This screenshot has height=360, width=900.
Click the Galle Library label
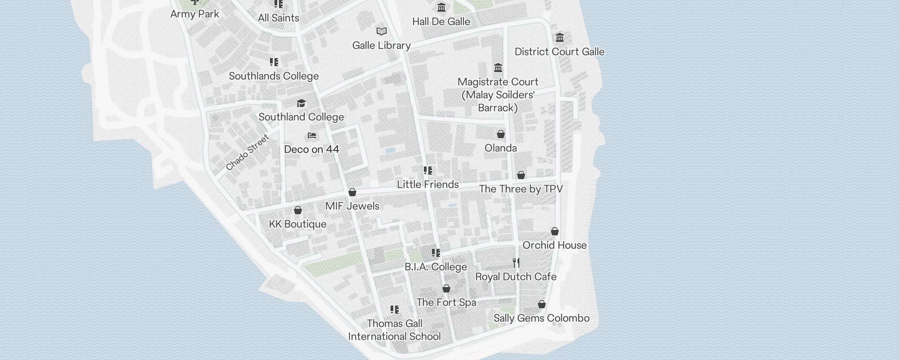pos(381,45)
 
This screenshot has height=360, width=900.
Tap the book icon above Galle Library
pos(382,31)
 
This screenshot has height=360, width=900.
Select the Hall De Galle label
pos(441,22)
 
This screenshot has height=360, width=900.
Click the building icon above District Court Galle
pos(560,37)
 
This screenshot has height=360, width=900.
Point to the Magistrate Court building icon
pos(498,68)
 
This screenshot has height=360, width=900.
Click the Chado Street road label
pos(247,153)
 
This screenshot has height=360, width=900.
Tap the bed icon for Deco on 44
pos(312,135)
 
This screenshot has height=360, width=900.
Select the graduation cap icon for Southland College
pos(301,103)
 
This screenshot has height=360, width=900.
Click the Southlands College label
pos(274,76)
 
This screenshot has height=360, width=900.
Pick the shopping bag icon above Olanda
pos(501,134)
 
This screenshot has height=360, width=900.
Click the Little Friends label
pos(427,184)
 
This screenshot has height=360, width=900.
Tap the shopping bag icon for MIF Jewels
pos(352,193)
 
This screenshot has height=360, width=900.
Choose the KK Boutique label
pos(297,224)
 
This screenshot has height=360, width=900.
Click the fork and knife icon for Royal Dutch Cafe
pos(516,263)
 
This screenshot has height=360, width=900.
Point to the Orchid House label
pos(554,245)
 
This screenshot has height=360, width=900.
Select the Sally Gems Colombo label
pos(541,318)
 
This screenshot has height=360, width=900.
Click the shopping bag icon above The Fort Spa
pos(446,288)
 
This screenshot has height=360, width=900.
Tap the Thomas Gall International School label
pos(395,330)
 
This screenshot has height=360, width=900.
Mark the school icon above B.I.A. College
pos(436,253)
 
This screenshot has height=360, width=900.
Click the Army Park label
pos(195,14)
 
